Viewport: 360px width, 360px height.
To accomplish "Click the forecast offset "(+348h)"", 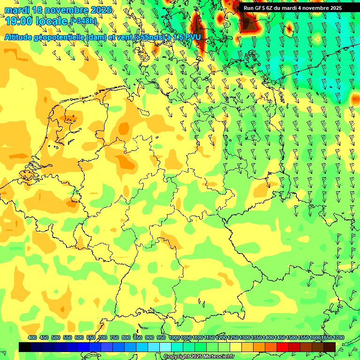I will point(83,21).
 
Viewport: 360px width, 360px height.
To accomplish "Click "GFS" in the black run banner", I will point(260,7).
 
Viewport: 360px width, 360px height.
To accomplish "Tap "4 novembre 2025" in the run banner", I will point(317,7).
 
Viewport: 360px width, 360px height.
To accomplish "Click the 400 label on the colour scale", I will point(32,337).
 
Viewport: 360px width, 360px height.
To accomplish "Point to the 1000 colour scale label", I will point(174,337).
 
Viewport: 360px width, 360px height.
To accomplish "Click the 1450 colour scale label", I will point(279,337).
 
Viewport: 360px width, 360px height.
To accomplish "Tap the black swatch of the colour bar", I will point(25,347).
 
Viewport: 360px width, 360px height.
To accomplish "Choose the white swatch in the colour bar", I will point(165,347).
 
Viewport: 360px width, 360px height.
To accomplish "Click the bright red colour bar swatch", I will point(283,347).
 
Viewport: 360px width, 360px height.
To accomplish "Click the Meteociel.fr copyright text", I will point(199,357).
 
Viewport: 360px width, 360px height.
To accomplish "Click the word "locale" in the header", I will point(53,21).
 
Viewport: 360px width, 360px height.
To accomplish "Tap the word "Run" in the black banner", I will point(248,7).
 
